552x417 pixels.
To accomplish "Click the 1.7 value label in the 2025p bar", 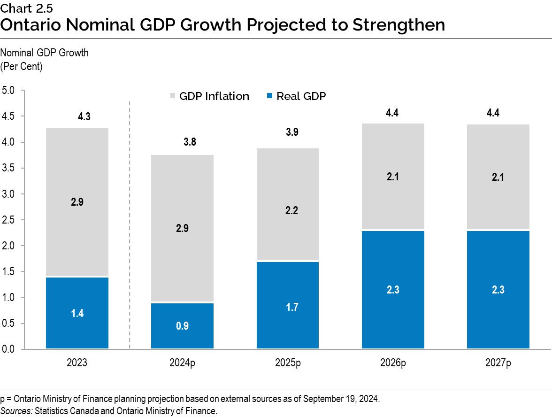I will click(287, 307).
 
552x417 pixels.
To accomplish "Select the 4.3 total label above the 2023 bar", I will click(84, 117).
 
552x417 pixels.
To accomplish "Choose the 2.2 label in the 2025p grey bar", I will click(287, 210).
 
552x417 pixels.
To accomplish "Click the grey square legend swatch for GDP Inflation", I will click(172, 96).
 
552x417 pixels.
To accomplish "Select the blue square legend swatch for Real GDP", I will click(269, 96).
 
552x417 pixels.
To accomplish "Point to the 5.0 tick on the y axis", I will click(9, 90).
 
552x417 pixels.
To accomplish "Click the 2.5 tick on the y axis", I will click(9, 220).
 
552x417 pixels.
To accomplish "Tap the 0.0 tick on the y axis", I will click(9, 349).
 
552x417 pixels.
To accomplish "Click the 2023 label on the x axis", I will click(77, 363).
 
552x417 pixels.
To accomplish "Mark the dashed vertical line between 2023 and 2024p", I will click(130, 225).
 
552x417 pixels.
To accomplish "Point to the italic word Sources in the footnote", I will click(14, 411).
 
